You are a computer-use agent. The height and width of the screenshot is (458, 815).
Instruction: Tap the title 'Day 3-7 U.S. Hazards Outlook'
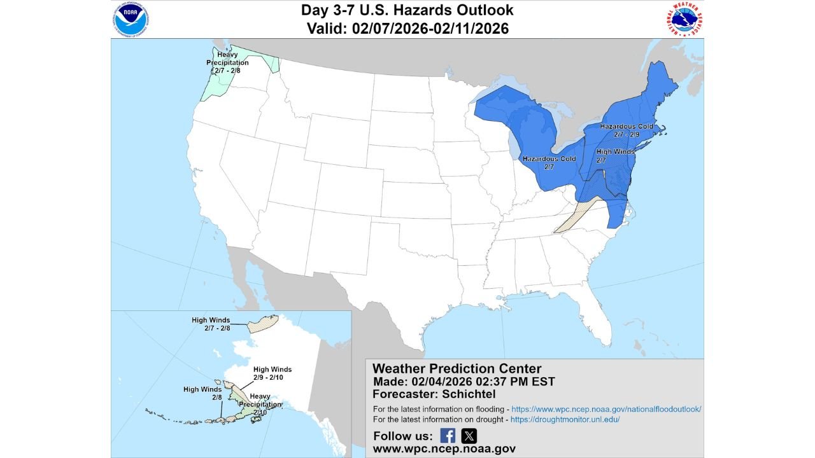pyautogui.click(x=407, y=11)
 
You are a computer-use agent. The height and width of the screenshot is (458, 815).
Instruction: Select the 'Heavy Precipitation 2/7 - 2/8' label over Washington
pyautogui.click(x=227, y=62)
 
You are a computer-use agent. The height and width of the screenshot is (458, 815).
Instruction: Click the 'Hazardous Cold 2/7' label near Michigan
pyautogui.click(x=549, y=162)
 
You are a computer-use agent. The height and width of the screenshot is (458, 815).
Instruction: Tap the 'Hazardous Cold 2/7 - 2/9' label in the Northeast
pyautogui.click(x=627, y=131)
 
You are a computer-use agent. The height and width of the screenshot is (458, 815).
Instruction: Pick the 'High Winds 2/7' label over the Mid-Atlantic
pyautogui.click(x=615, y=156)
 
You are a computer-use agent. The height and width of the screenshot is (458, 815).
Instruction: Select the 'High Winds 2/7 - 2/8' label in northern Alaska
pyautogui.click(x=211, y=324)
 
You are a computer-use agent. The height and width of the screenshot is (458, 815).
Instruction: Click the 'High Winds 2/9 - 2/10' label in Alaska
pyautogui.click(x=273, y=373)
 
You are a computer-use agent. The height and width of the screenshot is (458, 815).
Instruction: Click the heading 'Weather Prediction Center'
pyautogui.click(x=457, y=368)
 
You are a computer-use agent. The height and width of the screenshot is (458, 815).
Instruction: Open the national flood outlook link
pyautogui.click(x=606, y=409)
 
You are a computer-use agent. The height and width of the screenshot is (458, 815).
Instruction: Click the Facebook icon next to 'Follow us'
pyautogui.click(x=448, y=436)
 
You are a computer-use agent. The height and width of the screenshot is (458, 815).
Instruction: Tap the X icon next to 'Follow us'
pyautogui.click(x=469, y=436)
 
